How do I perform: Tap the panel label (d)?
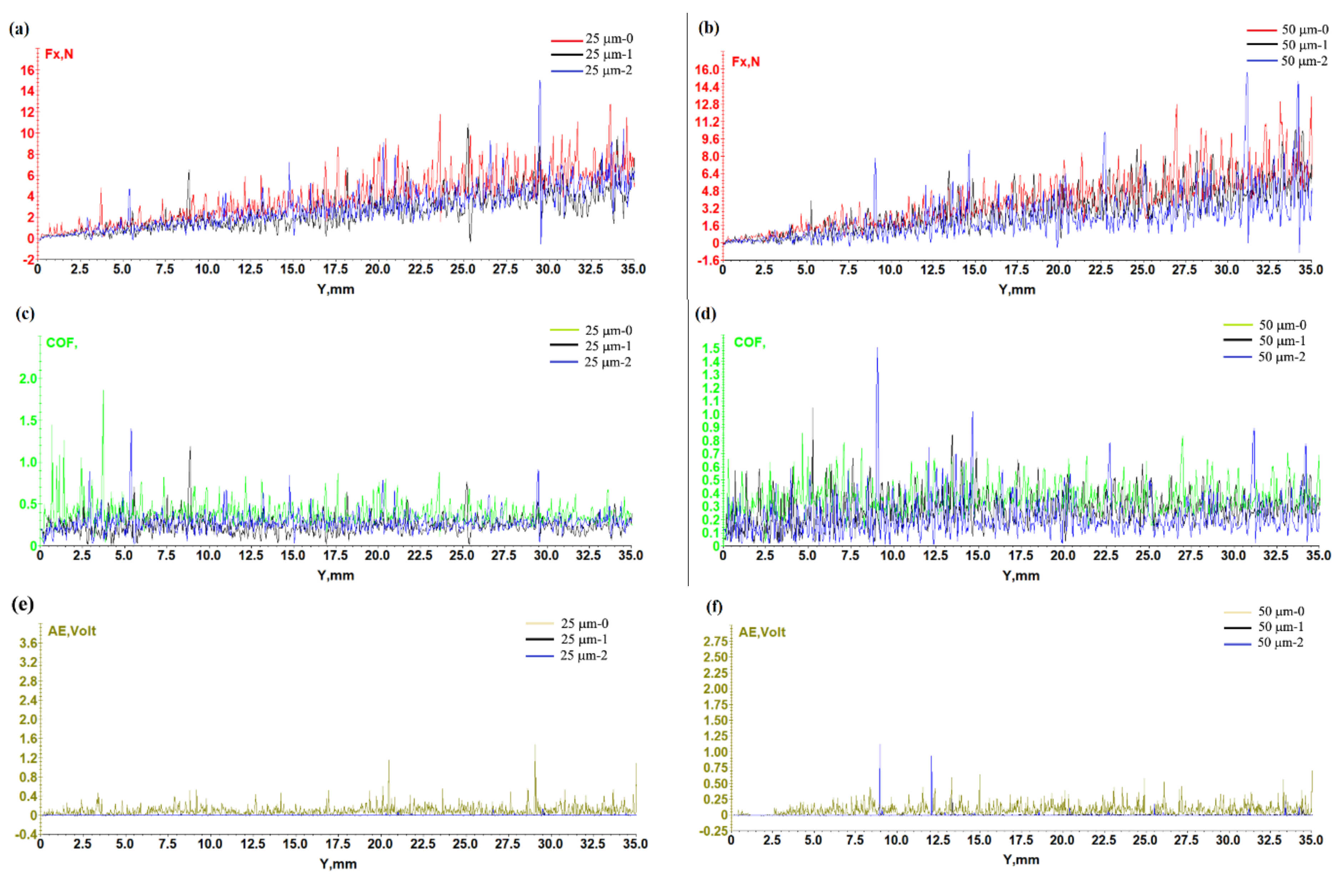(705, 313)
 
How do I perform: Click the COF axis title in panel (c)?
(61, 343)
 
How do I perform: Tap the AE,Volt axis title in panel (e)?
(72, 631)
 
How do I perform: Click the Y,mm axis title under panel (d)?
(1020, 576)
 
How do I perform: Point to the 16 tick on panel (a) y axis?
(27, 71)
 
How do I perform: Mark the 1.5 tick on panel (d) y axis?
(711, 348)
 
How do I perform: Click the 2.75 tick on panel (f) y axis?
(715, 641)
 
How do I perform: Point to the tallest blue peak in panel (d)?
(877, 350)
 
